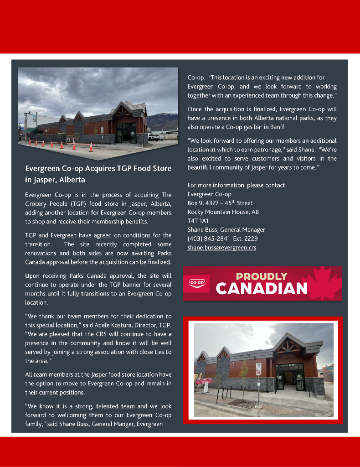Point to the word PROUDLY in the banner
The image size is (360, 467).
tap(262, 276)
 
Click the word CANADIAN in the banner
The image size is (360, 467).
tap(262, 289)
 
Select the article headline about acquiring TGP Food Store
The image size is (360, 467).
tap(98, 174)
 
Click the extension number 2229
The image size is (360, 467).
tap(251, 239)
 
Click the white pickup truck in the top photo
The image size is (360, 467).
tap(156, 135)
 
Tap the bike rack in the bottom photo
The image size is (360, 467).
tap(225, 392)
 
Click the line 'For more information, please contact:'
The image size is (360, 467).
tap(237, 185)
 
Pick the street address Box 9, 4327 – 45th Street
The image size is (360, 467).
tap(220, 203)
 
